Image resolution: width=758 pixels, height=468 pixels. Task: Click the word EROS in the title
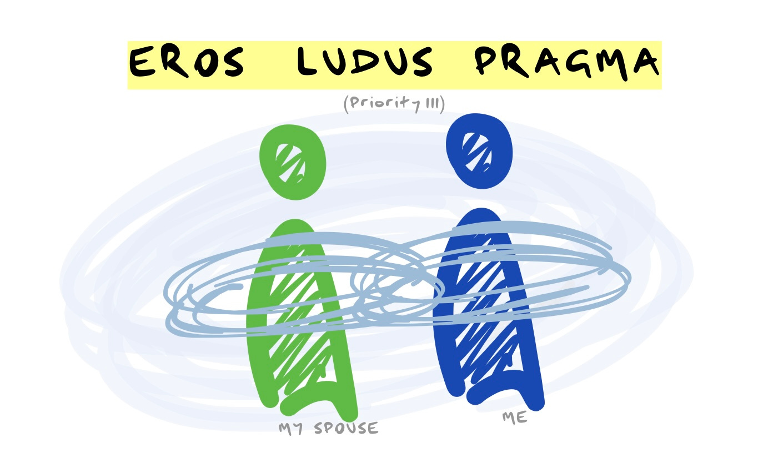point(187,62)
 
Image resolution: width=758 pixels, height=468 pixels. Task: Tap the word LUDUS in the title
point(364,62)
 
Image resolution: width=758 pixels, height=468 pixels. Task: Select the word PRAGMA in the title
point(567,62)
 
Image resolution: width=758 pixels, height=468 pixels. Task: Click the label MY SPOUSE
point(328,429)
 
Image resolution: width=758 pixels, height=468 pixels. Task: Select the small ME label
point(514,417)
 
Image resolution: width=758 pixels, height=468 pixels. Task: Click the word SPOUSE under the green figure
point(346,429)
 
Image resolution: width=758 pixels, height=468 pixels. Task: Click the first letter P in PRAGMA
point(489,62)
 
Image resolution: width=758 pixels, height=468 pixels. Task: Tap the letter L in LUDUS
point(307,62)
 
